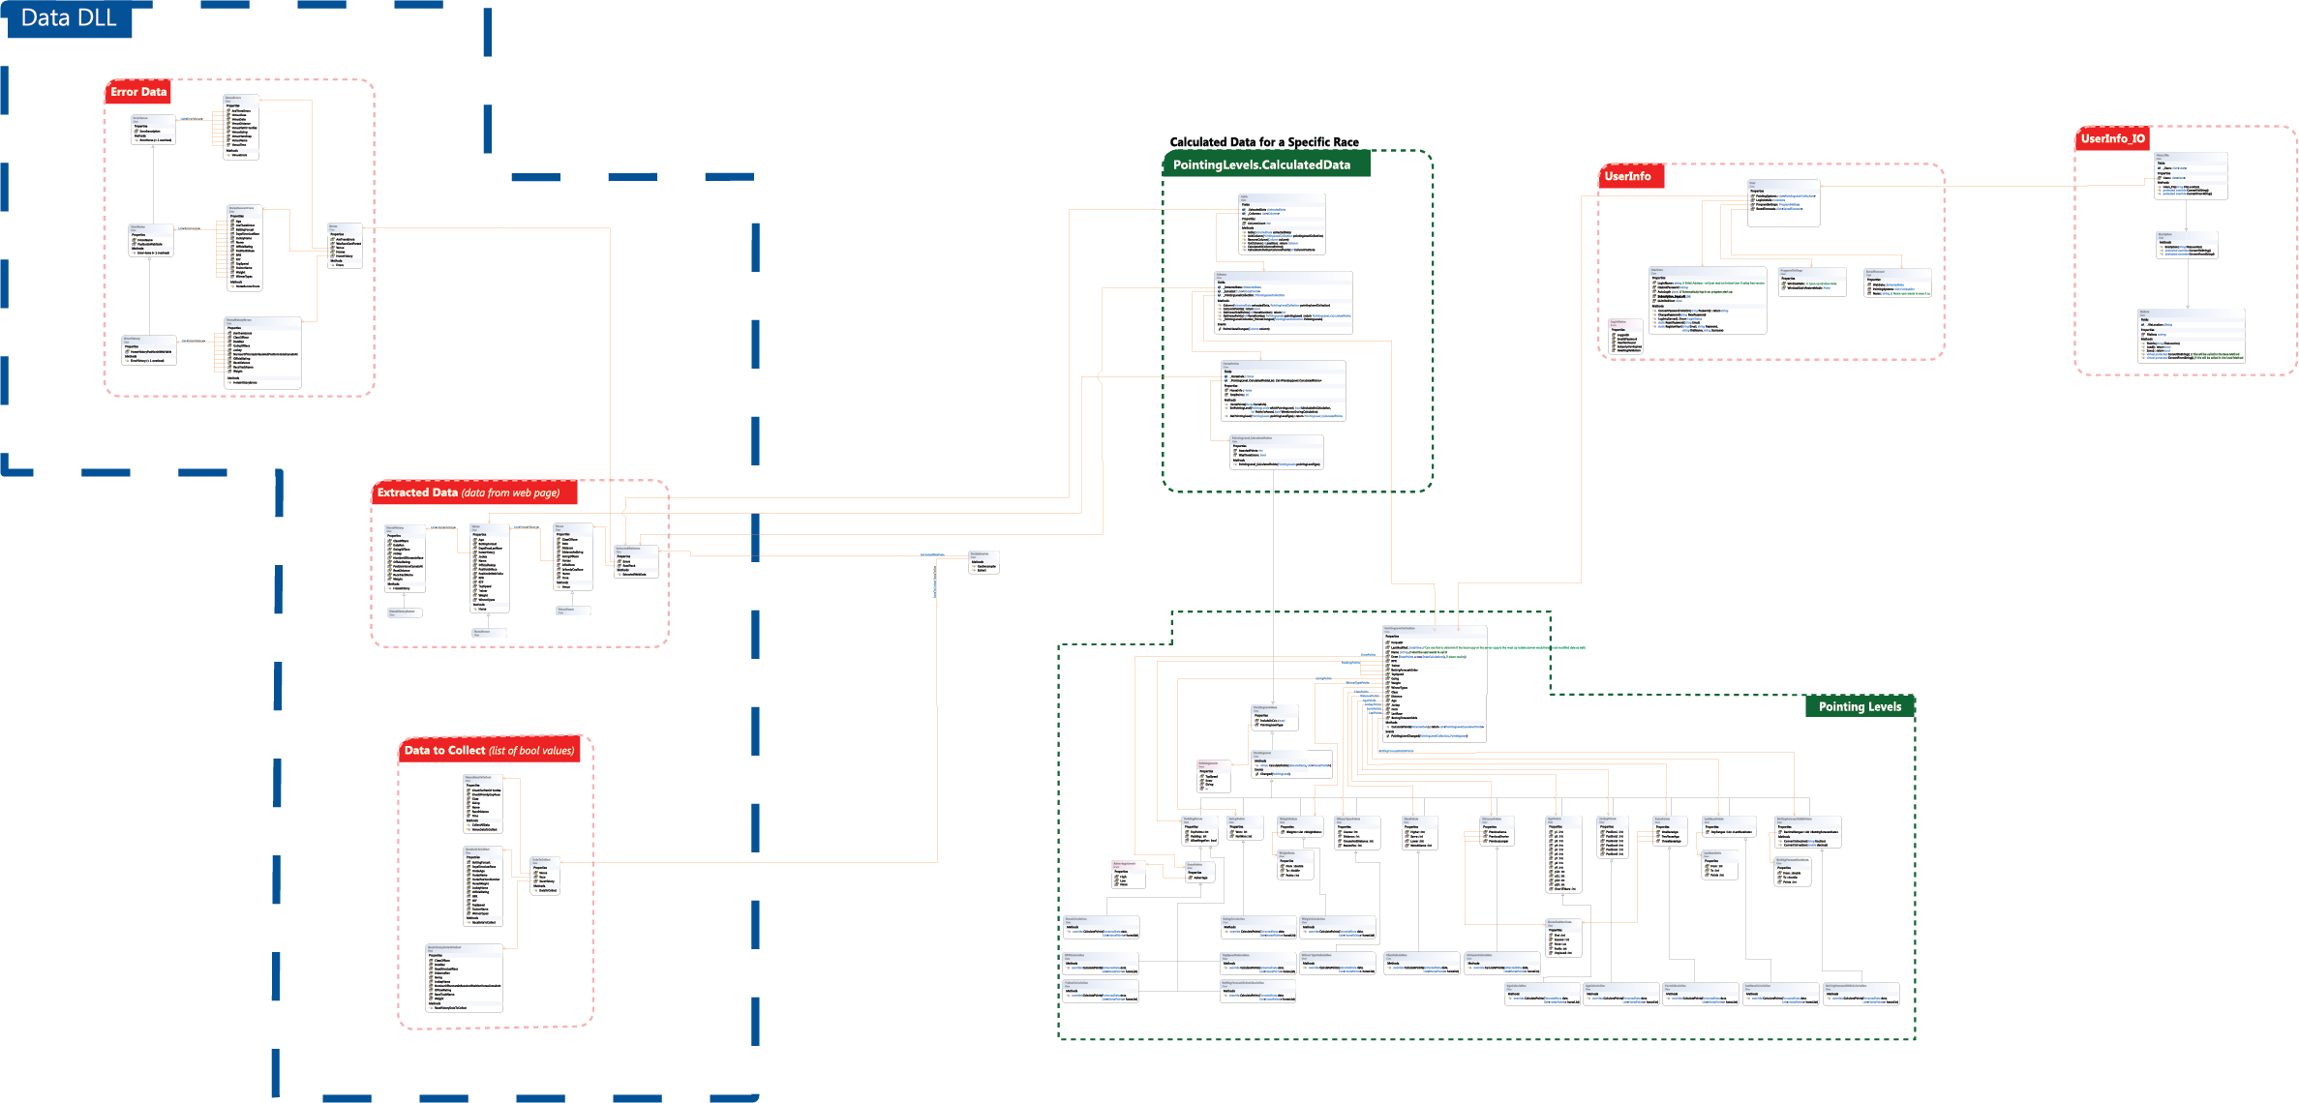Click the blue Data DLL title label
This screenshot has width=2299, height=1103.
pyautogui.click(x=69, y=18)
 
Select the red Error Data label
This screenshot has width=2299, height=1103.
pyautogui.click(x=138, y=92)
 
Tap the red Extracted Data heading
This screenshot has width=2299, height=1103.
pyautogui.click(x=474, y=493)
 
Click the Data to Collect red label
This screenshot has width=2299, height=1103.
pyautogui.click(x=489, y=751)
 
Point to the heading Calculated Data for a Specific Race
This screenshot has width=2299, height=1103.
pyautogui.click(x=1264, y=142)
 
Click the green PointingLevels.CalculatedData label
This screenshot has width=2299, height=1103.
pyautogui.click(x=1261, y=165)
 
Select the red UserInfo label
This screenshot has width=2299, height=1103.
pyautogui.click(x=1628, y=176)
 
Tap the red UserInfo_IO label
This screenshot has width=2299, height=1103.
pyautogui.click(x=2113, y=139)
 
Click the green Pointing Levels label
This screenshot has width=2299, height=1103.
pyautogui.click(x=1860, y=707)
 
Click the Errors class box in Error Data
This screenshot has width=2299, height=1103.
pyautogui.click(x=346, y=246)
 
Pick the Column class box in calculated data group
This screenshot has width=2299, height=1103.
pyautogui.click(x=1284, y=303)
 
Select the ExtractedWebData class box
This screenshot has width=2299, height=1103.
pyautogui.click(x=636, y=562)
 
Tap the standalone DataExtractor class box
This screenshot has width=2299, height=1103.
pyautogui.click(x=983, y=563)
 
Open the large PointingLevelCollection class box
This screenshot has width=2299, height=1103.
pyautogui.click(x=1435, y=683)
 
